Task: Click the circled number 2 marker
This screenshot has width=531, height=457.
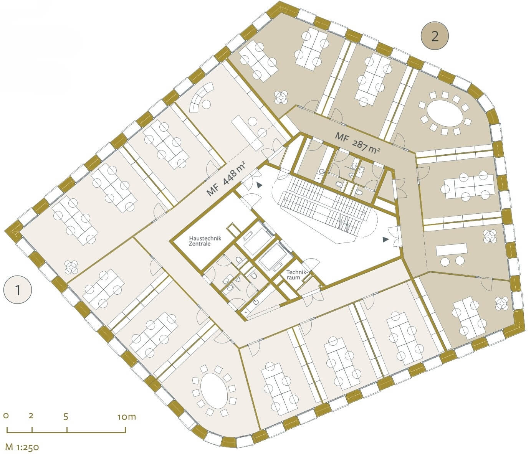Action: [435, 36]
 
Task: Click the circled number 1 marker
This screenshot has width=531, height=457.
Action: [18, 290]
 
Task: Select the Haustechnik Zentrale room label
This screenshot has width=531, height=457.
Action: [205, 241]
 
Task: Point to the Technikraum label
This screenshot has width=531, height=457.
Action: [296, 274]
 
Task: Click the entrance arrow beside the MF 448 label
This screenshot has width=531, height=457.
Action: [259, 185]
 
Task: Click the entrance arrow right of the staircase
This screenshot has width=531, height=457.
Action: [385, 239]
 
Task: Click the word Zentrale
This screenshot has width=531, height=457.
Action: [200, 244]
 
